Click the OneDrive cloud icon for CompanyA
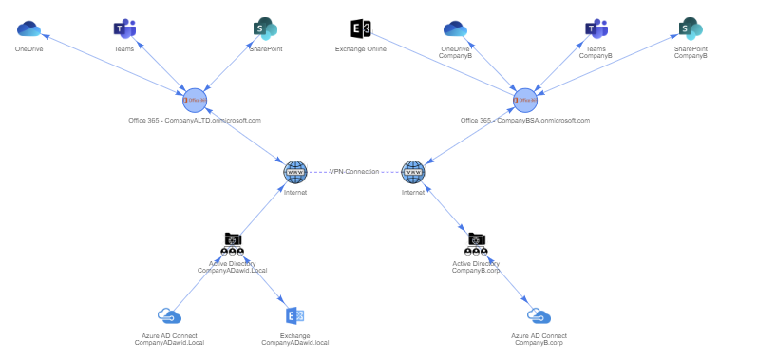pyautogui.click(x=28, y=29)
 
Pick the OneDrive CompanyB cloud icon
pyautogui.click(x=456, y=29)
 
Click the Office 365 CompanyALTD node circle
pyautogui.click(x=195, y=100)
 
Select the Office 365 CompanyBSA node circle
pyautogui.click(x=525, y=100)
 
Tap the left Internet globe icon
pyautogui.click(x=295, y=172)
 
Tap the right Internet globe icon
pyautogui.click(x=413, y=172)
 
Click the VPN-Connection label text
pyautogui.click(x=354, y=172)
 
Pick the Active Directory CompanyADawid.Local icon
pyautogui.click(x=233, y=244)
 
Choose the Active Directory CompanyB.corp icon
pyautogui.click(x=476, y=244)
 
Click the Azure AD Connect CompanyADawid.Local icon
pyautogui.click(x=169, y=316)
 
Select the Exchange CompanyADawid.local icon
pyautogui.click(x=294, y=316)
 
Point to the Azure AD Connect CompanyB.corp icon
pyautogui.click(x=539, y=316)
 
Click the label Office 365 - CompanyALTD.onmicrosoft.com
pyautogui.click(x=195, y=121)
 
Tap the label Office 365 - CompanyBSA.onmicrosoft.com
pyautogui.click(x=525, y=121)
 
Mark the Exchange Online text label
pyautogui.click(x=361, y=49)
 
